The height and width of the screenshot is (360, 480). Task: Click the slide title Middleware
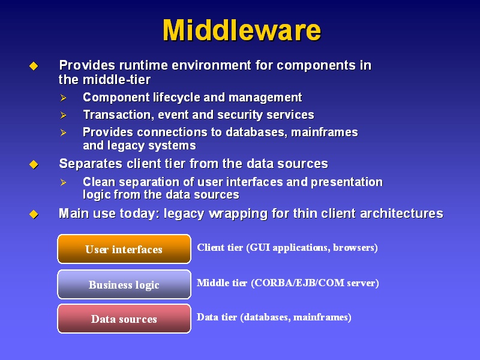242,30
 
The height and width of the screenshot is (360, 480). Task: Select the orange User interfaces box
124,249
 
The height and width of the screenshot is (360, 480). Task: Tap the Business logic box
124,284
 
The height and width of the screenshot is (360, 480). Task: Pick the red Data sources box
124,319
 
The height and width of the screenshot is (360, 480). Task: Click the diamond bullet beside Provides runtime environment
34,66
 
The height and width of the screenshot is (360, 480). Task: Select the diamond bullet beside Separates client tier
34,164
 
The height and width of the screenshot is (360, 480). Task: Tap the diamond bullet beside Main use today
34,214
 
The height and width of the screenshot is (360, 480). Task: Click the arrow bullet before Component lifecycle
64,98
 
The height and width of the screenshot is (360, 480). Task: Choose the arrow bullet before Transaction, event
64,115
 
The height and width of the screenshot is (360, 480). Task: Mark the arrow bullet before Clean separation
64,182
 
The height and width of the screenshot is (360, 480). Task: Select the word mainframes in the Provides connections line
325,132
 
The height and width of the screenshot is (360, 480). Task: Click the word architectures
401,214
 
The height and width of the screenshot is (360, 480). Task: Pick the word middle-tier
116,80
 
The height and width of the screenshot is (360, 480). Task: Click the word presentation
347,182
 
